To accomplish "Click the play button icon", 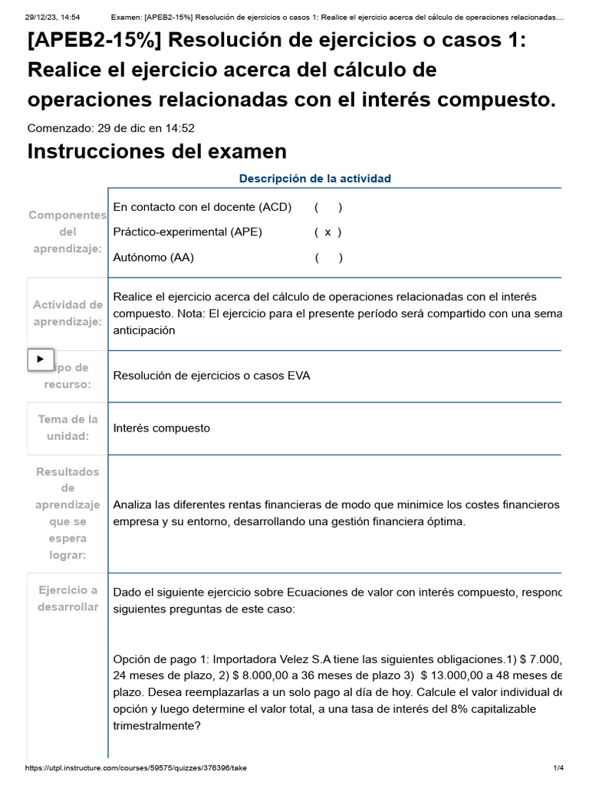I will tap(41, 359).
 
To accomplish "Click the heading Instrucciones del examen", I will tap(156, 151).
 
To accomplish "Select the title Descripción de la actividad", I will tap(314, 179).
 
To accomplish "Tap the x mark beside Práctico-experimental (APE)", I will tap(327, 232).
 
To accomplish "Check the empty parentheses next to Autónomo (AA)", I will tap(328, 258).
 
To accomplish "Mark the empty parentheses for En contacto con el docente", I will tap(328, 207).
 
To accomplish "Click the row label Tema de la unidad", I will tap(67, 428).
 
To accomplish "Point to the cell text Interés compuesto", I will tap(161, 428).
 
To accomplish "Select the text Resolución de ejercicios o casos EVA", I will tap(212, 376).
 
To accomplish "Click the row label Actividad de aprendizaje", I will tap(67, 314).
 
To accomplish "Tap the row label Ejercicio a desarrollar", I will tap(67, 599).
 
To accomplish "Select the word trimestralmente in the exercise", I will tap(156, 725).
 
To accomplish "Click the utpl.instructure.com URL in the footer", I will tap(136, 767).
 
